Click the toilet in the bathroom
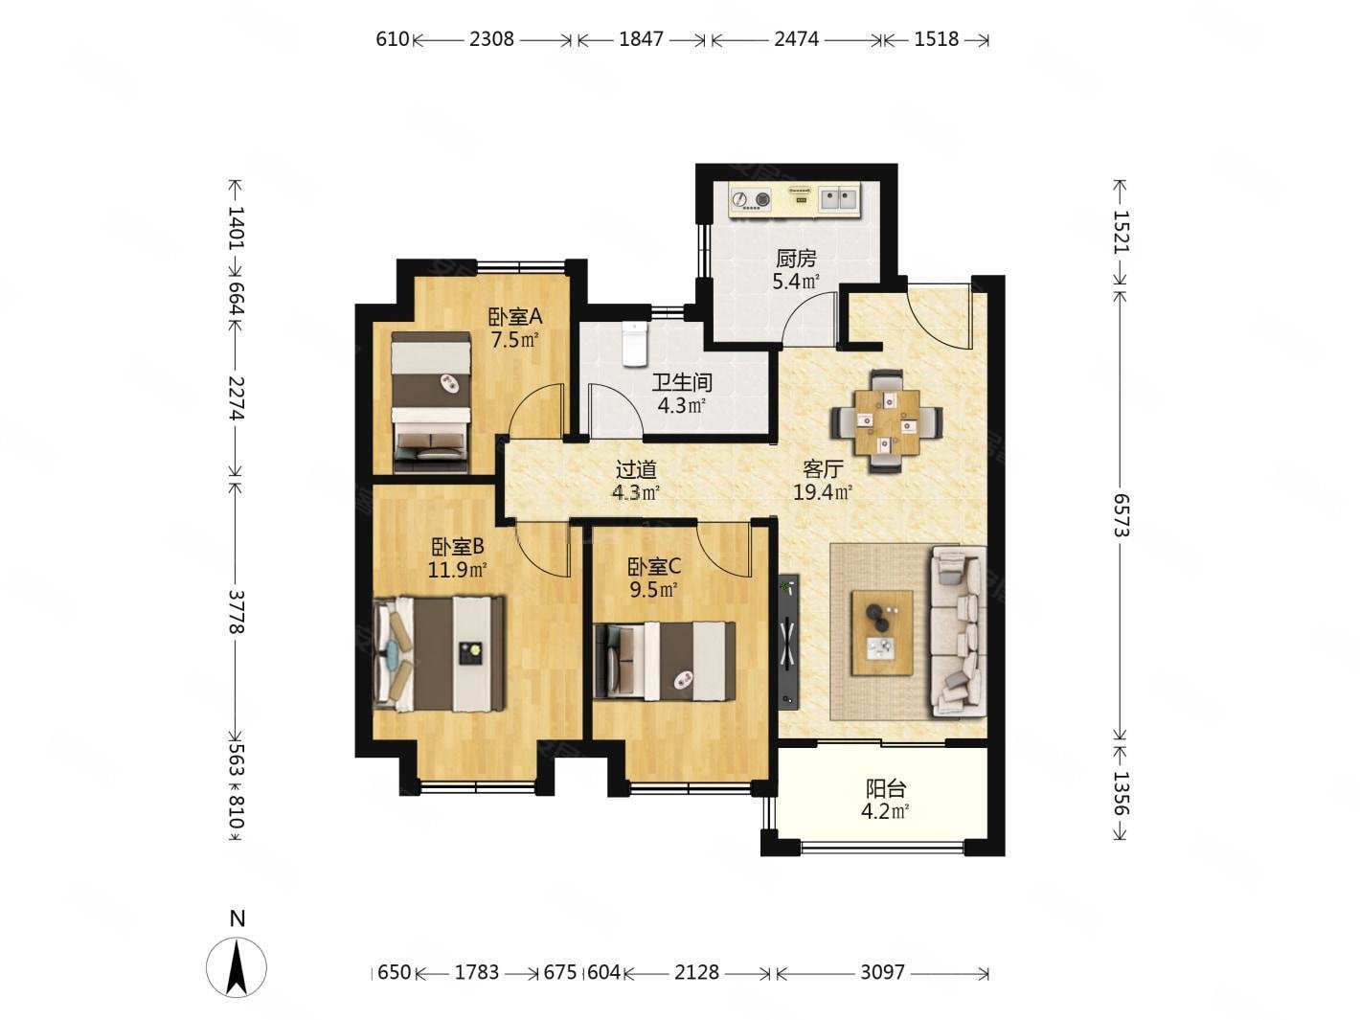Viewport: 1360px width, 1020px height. tap(634, 344)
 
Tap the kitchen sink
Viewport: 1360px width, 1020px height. tap(838, 199)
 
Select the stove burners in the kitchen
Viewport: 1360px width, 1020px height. tap(750, 199)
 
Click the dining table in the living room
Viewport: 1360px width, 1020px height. tap(887, 421)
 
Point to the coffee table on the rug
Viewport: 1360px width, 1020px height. tap(881, 632)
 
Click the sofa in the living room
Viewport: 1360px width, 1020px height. tap(959, 630)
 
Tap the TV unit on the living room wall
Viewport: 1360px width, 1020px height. tap(789, 642)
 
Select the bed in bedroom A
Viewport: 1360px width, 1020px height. tap(431, 402)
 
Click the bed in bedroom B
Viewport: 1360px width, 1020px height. tap(439, 653)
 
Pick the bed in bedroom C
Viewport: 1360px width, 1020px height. tap(665, 661)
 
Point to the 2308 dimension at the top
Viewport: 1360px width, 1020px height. tap(491, 39)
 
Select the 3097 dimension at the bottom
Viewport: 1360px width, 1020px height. tap(882, 972)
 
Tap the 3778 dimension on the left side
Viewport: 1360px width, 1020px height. tap(236, 611)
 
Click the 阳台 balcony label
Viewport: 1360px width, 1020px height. tap(886, 788)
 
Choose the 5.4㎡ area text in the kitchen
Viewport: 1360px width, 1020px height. tap(796, 282)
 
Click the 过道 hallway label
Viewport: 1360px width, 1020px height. tap(636, 470)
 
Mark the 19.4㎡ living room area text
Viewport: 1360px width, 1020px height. tap(823, 492)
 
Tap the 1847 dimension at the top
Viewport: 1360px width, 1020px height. tap(642, 39)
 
